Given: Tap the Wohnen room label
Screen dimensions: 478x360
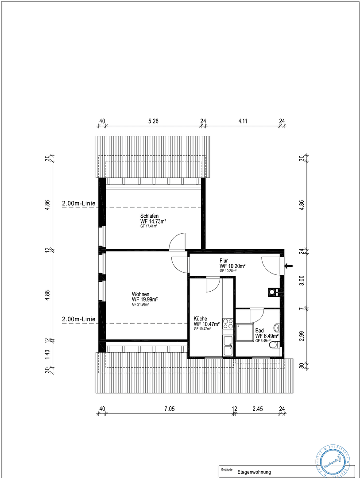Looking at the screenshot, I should point(140,294).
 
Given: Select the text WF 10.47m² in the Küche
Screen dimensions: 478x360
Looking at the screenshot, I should point(207,324).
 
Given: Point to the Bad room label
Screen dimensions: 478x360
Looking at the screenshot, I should point(259,331).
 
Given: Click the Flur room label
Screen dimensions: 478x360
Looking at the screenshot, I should point(224,261).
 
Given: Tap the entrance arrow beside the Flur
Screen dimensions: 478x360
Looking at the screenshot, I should point(289,266).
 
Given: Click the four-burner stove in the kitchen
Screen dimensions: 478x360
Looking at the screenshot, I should point(228,324).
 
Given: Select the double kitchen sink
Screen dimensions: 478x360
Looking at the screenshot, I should point(228,346).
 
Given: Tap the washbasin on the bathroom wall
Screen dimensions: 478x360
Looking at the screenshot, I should point(277,328).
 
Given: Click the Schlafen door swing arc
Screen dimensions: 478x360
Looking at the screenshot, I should point(178,242).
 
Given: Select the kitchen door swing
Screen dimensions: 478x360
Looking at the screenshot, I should point(213,284).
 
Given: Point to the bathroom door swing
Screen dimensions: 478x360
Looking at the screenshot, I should point(257,316).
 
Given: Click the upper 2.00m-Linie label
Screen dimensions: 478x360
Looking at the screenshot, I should point(79,204).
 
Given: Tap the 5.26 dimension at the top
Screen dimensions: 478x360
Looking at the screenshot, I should point(153,120).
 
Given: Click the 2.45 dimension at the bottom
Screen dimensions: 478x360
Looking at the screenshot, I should point(258,409).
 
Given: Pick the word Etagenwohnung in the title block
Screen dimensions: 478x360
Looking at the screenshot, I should point(254,472).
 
